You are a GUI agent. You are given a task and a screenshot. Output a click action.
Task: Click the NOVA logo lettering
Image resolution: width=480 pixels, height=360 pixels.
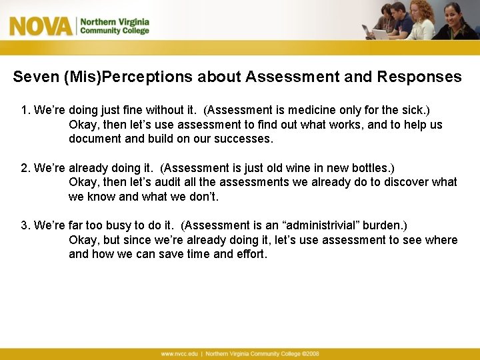pos(40,26)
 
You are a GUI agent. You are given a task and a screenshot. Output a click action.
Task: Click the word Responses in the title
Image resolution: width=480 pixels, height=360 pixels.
pos(419,77)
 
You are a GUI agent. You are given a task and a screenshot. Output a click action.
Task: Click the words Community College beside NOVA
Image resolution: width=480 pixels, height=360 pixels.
pos(115,31)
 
